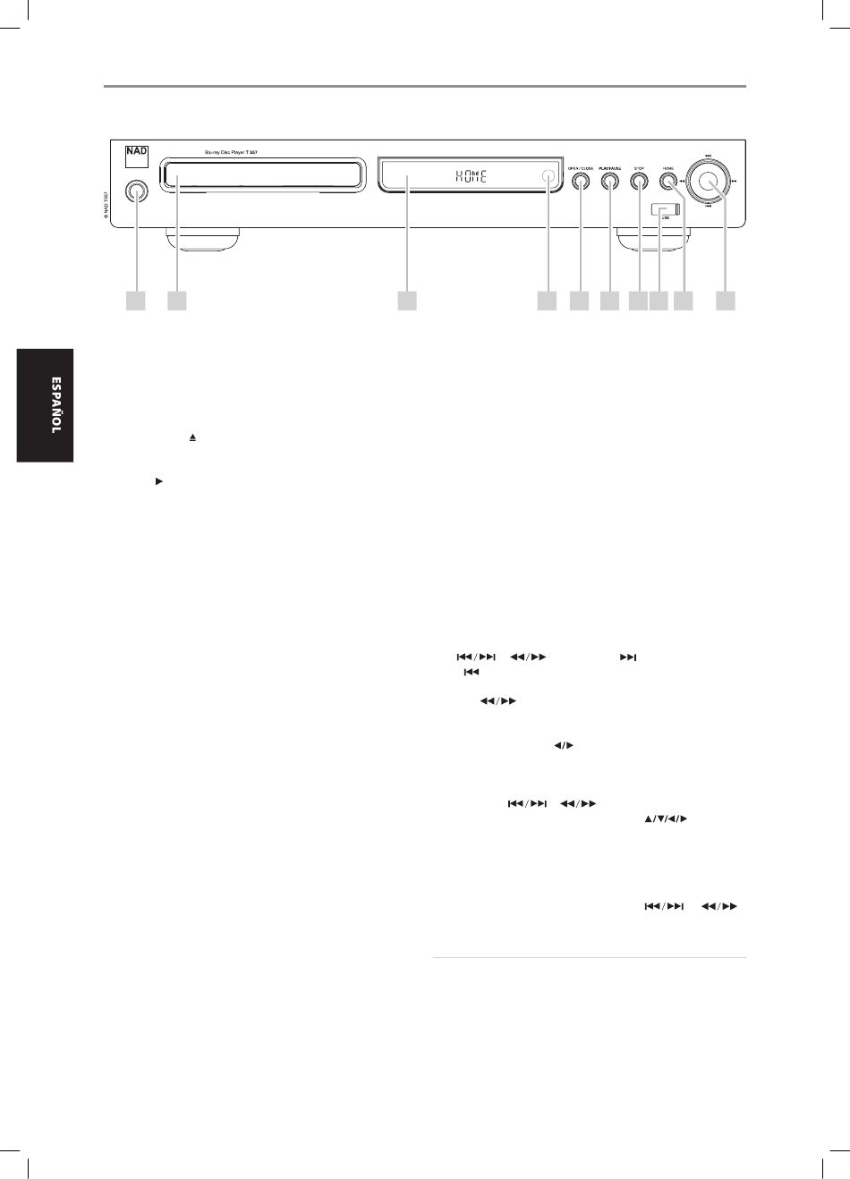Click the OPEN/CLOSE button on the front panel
(x=580, y=182)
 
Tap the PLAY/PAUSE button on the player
(x=609, y=182)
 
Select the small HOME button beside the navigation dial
(x=667, y=182)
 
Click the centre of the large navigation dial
(x=709, y=182)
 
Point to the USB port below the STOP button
(x=666, y=210)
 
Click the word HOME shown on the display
(x=472, y=176)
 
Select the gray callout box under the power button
(x=135, y=301)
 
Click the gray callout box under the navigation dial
(x=726, y=301)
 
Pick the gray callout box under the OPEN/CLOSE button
(x=579, y=301)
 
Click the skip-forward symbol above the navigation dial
(x=709, y=153)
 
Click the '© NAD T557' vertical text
(x=105, y=205)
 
